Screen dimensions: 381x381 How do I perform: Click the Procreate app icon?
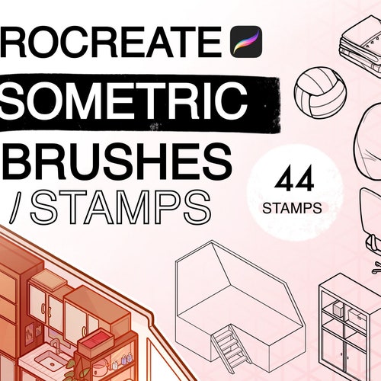[x=246, y=40]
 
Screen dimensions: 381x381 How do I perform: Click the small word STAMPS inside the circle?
[x=293, y=207]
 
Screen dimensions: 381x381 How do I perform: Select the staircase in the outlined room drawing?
[x=228, y=346]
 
